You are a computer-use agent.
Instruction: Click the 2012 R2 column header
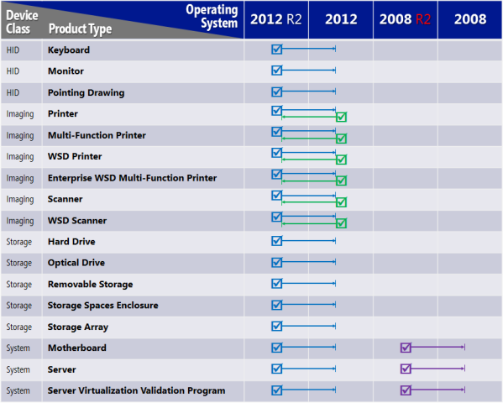pyautogui.click(x=276, y=19)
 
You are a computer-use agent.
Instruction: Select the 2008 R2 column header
pyautogui.click(x=405, y=19)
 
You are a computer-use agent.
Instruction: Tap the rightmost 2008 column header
pyautogui.click(x=470, y=19)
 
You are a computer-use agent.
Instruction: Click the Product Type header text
pyautogui.click(x=81, y=29)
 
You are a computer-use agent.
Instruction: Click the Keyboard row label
pyautogui.click(x=69, y=50)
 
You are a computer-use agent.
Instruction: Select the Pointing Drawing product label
pyautogui.click(x=86, y=92)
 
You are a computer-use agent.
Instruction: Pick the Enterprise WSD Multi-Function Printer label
pyautogui.click(x=132, y=178)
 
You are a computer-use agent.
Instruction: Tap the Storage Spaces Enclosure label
pyautogui.click(x=102, y=306)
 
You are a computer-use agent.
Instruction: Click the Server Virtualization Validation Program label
pyautogui.click(x=136, y=390)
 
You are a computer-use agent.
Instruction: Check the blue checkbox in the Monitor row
pyautogui.click(x=277, y=71)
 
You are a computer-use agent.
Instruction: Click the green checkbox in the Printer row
pyautogui.click(x=341, y=117)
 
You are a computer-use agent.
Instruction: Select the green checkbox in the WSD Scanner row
pyautogui.click(x=341, y=222)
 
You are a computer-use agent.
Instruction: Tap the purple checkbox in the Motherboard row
pyautogui.click(x=406, y=347)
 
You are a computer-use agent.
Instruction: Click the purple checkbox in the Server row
pyautogui.click(x=406, y=369)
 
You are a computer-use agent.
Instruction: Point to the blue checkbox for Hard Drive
pyautogui.click(x=277, y=241)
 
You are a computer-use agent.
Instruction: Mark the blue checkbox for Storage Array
pyautogui.click(x=277, y=326)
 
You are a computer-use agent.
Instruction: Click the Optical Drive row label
pyautogui.click(x=76, y=263)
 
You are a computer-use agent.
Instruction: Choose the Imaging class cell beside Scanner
pyautogui.click(x=19, y=199)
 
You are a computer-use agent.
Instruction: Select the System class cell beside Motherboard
pyautogui.click(x=18, y=348)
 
